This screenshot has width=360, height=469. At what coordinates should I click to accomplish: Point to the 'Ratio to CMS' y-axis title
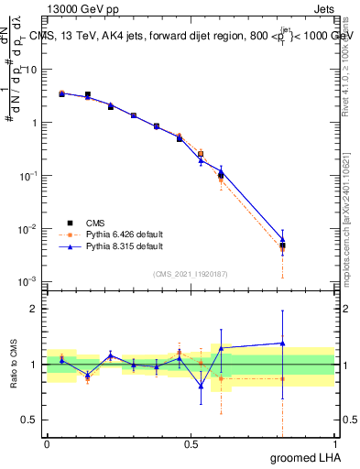click(x=14, y=364)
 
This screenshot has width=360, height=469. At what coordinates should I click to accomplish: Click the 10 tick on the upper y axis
click(x=29, y=70)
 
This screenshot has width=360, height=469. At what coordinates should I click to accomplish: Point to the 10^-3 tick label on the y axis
click(x=27, y=281)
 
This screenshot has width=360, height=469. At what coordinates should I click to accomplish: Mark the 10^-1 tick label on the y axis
click(x=27, y=175)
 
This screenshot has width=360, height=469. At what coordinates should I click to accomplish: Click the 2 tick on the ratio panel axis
click(x=34, y=309)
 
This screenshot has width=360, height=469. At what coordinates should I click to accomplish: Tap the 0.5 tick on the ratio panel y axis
click(x=30, y=421)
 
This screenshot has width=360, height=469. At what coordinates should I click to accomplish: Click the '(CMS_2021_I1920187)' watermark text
click(x=191, y=273)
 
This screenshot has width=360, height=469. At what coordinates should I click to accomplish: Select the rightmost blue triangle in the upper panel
click(x=283, y=240)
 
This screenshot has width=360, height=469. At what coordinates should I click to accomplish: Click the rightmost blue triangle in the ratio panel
click(x=283, y=344)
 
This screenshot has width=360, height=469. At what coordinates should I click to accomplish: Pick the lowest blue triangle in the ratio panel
click(x=201, y=386)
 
